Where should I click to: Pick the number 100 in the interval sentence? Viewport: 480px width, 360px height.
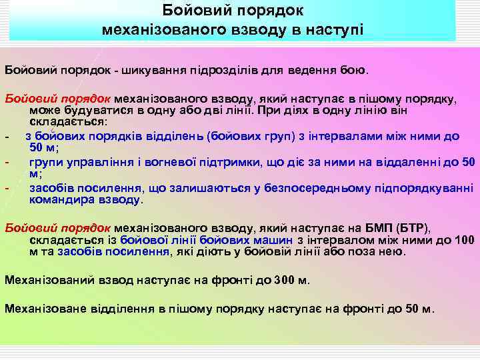pos(464,239)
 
